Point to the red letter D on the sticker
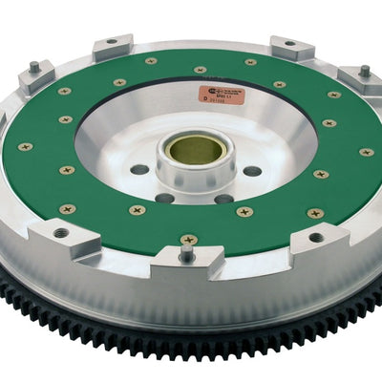point(202,98)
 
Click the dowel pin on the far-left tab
point(35,69)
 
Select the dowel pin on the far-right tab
point(364,71)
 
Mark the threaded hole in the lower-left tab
point(62,232)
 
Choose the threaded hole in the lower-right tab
point(316,238)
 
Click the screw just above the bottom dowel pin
point(188,238)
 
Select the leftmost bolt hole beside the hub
point(140,169)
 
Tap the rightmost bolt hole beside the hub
point(252,171)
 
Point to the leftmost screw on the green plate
point(26,147)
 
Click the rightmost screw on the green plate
point(366,151)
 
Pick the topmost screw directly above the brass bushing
point(200,70)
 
